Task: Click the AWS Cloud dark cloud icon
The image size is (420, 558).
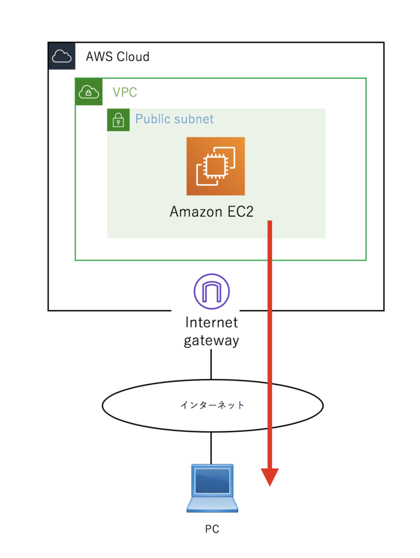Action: click(x=61, y=55)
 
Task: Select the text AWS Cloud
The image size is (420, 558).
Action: click(x=117, y=56)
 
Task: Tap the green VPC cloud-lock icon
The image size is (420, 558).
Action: click(x=88, y=91)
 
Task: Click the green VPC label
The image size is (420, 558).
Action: click(x=125, y=92)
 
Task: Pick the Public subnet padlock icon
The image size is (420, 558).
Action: click(x=118, y=120)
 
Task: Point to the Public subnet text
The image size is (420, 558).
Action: click(x=174, y=119)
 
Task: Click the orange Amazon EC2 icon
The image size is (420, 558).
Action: click(x=215, y=166)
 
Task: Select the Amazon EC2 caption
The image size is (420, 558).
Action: click(x=211, y=212)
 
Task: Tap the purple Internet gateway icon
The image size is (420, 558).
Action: click(x=211, y=291)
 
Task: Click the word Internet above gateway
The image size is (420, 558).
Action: click(x=211, y=322)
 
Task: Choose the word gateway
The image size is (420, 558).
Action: click(x=211, y=341)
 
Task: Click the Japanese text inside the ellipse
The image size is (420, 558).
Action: click(x=212, y=405)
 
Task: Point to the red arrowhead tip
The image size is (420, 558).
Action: click(x=269, y=486)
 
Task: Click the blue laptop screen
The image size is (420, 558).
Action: click(x=212, y=480)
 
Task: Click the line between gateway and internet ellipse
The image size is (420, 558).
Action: click(x=211, y=364)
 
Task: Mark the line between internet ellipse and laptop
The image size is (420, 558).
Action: click(x=211, y=448)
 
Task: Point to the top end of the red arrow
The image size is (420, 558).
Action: click(x=269, y=221)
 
